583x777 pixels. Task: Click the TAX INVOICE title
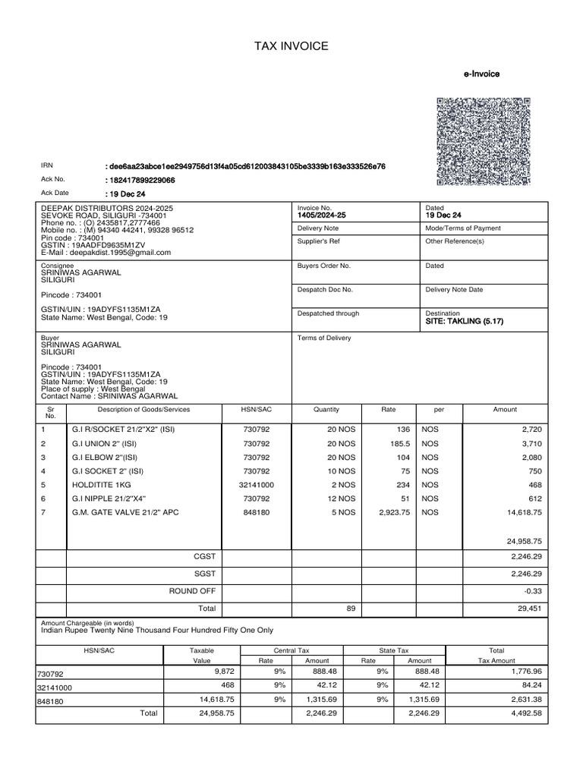coord(291,47)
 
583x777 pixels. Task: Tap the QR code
coord(484,141)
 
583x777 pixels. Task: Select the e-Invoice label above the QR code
coord(481,74)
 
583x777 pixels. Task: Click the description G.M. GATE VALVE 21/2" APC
coord(125,513)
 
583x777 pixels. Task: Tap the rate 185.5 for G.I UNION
coord(398,443)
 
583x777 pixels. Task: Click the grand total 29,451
coord(528,609)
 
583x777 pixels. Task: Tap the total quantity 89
coord(350,609)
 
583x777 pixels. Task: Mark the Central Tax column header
coord(291,651)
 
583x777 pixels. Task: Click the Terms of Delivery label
coord(324,338)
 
